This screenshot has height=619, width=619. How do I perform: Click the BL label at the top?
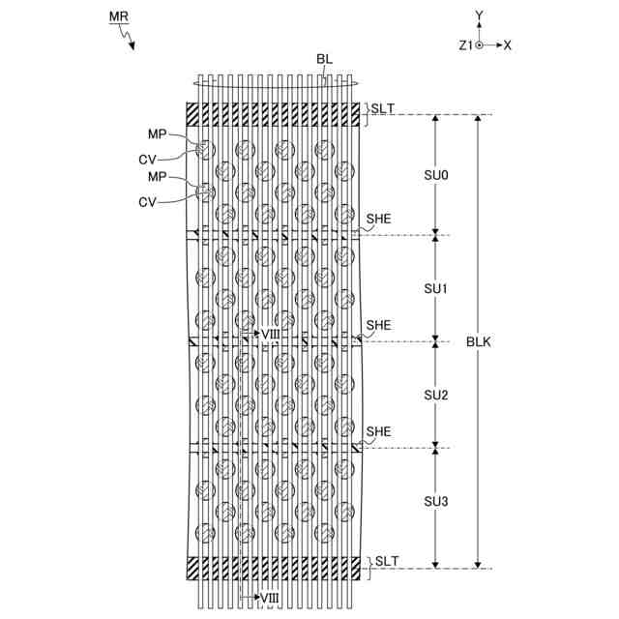[x=324, y=59]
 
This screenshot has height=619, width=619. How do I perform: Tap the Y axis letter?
[x=479, y=15]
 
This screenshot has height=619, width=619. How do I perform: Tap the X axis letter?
[x=508, y=45]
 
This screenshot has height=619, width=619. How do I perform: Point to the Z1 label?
[x=465, y=45]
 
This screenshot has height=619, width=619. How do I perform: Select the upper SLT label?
[x=382, y=108]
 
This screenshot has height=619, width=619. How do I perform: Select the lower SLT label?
[x=387, y=561]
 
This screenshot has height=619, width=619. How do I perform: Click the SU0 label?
[x=436, y=175]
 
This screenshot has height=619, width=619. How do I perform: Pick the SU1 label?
[x=436, y=289]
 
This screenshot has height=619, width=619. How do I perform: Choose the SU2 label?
[x=436, y=396]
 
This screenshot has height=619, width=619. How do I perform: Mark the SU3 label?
[x=436, y=502]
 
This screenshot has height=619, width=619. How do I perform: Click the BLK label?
[x=479, y=341]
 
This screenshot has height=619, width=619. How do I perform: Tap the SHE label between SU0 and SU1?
[x=377, y=221]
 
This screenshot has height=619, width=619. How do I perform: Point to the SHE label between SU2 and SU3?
[x=377, y=430]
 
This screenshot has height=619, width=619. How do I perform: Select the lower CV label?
[x=148, y=201]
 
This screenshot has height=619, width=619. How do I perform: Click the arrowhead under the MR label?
[x=132, y=44]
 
